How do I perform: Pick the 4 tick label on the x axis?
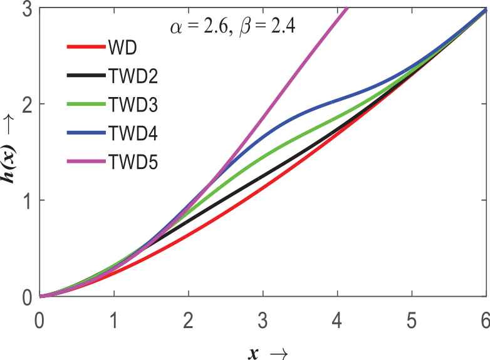point(337,314)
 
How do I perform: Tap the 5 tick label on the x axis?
point(411,314)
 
